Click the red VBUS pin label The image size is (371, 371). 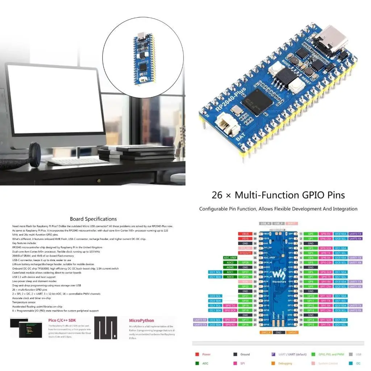click(x=245, y=234)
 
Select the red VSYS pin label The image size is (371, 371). click(x=245, y=239)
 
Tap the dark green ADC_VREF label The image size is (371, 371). click(x=230, y=258)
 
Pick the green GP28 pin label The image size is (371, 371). click(x=245, y=262)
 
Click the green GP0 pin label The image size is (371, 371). click(x=310, y=234)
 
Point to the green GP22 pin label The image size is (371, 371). click(x=245, y=286)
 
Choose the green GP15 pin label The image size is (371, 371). click(x=310, y=325)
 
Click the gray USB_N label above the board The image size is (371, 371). click(x=266, y=224)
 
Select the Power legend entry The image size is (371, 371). click(x=206, y=354)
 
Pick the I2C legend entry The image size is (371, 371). click(x=358, y=363)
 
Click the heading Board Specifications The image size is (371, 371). click(x=93, y=219)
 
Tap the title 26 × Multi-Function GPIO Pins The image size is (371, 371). click(x=278, y=195)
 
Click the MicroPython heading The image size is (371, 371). click(x=141, y=320)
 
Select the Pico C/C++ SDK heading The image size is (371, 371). click(x=62, y=320)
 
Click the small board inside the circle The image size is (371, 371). click(x=144, y=58)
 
